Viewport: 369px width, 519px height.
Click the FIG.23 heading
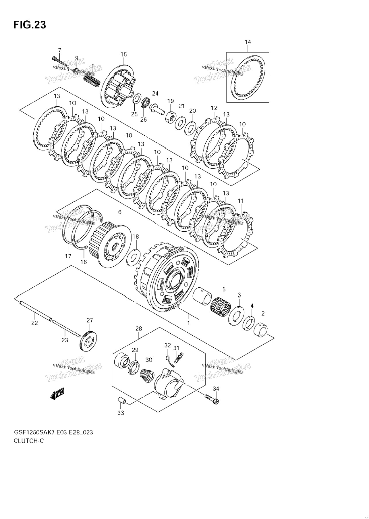pos(30,25)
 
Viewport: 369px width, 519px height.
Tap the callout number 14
pos(248,42)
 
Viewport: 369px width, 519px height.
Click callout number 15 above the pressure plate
pos(123,54)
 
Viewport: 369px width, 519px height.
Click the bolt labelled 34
pos(212,399)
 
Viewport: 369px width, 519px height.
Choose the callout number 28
pos(139,328)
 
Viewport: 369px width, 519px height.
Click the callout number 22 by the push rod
pos(34,323)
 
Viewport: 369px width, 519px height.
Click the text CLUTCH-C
pos(29,441)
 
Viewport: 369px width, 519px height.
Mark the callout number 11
pos(241,201)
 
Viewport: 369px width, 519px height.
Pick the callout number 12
pos(214,108)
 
